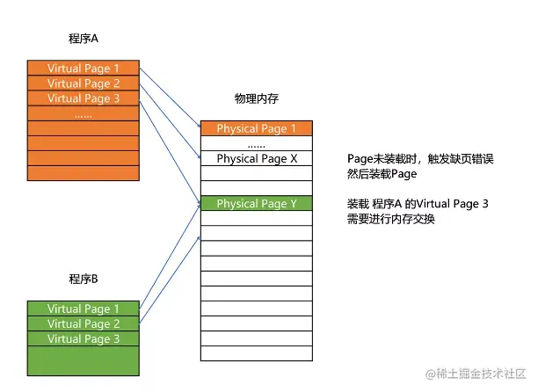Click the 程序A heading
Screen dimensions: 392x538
pyautogui.click(x=82, y=40)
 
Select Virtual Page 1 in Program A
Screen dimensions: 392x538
pyautogui.click(x=84, y=68)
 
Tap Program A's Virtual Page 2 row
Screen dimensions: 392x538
pyautogui.click(x=84, y=83)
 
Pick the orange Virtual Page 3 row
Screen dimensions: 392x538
pyautogui.click(x=84, y=98)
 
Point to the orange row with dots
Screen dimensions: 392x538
pyautogui.click(x=84, y=113)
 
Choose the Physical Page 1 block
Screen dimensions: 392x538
pyautogui.click(x=256, y=128)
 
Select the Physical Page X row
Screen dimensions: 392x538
pyautogui.click(x=256, y=159)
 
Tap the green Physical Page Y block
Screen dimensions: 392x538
pyautogui.click(x=256, y=204)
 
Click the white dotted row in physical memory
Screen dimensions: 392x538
pyautogui.click(x=256, y=144)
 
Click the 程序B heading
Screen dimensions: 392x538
pyautogui.click(x=82, y=279)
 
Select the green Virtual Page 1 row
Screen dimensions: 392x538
pyautogui.click(x=84, y=309)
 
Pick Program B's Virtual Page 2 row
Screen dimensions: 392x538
pyautogui.click(x=84, y=323)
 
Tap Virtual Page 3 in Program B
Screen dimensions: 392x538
pyautogui.click(x=84, y=338)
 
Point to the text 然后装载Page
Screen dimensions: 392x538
pyautogui.click(x=382, y=174)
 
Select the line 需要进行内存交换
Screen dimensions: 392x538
pyautogui.click(x=391, y=219)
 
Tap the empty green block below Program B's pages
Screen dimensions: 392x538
pyautogui.click(x=84, y=360)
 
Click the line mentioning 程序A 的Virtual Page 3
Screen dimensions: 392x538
pyautogui.click(x=418, y=204)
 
